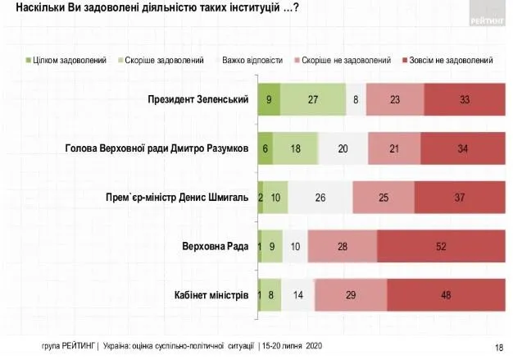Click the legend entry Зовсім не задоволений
click(x=450, y=60)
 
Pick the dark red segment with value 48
click(x=446, y=294)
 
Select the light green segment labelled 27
click(x=312, y=99)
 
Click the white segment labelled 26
click(x=320, y=197)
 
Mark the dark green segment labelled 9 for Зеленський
click(x=269, y=99)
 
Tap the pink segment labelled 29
click(x=350, y=294)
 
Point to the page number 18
click(x=499, y=347)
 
